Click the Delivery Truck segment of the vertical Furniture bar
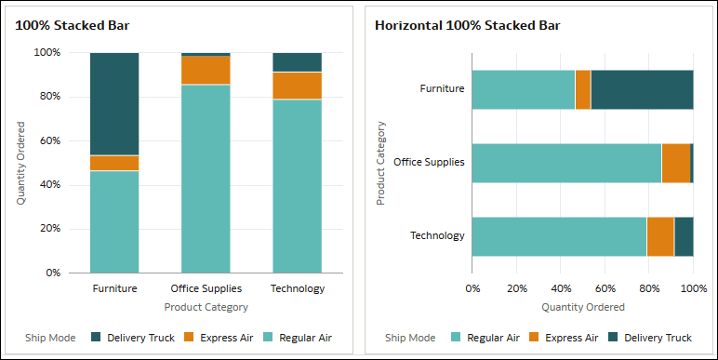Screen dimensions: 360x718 coord(114,103)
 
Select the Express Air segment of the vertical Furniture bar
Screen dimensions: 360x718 coord(114,163)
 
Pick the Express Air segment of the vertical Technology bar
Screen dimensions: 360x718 coord(297,86)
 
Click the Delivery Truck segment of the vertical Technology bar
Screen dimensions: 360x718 coord(297,62)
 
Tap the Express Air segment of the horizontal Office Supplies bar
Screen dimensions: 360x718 coord(676,163)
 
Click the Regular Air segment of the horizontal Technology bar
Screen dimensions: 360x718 coord(559,236)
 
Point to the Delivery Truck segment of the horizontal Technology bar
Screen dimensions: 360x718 coord(684,236)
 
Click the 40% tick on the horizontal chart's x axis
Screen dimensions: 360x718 coord(560,288)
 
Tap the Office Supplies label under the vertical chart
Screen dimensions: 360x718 coord(206,288)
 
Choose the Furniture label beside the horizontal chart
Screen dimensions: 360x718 coord(442,89)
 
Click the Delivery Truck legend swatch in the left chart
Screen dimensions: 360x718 coord(97,338)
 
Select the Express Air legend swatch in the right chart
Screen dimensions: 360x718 coord(534,338)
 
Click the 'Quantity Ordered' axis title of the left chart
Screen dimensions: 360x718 coord(21,163)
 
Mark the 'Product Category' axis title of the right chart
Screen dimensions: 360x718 coord(381,163)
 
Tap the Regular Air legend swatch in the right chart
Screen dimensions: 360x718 coord(456,338)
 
